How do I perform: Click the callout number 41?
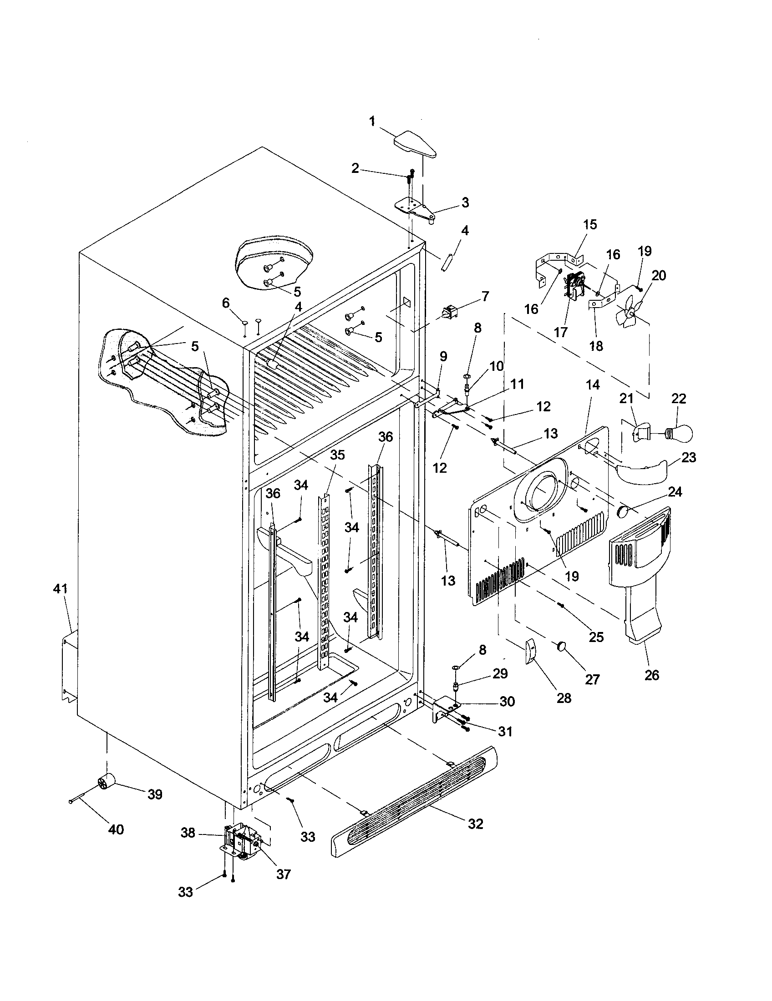[61, 589]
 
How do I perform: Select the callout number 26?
[651, 675]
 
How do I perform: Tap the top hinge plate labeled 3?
[415, 207]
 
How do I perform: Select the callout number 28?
[564, 698]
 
